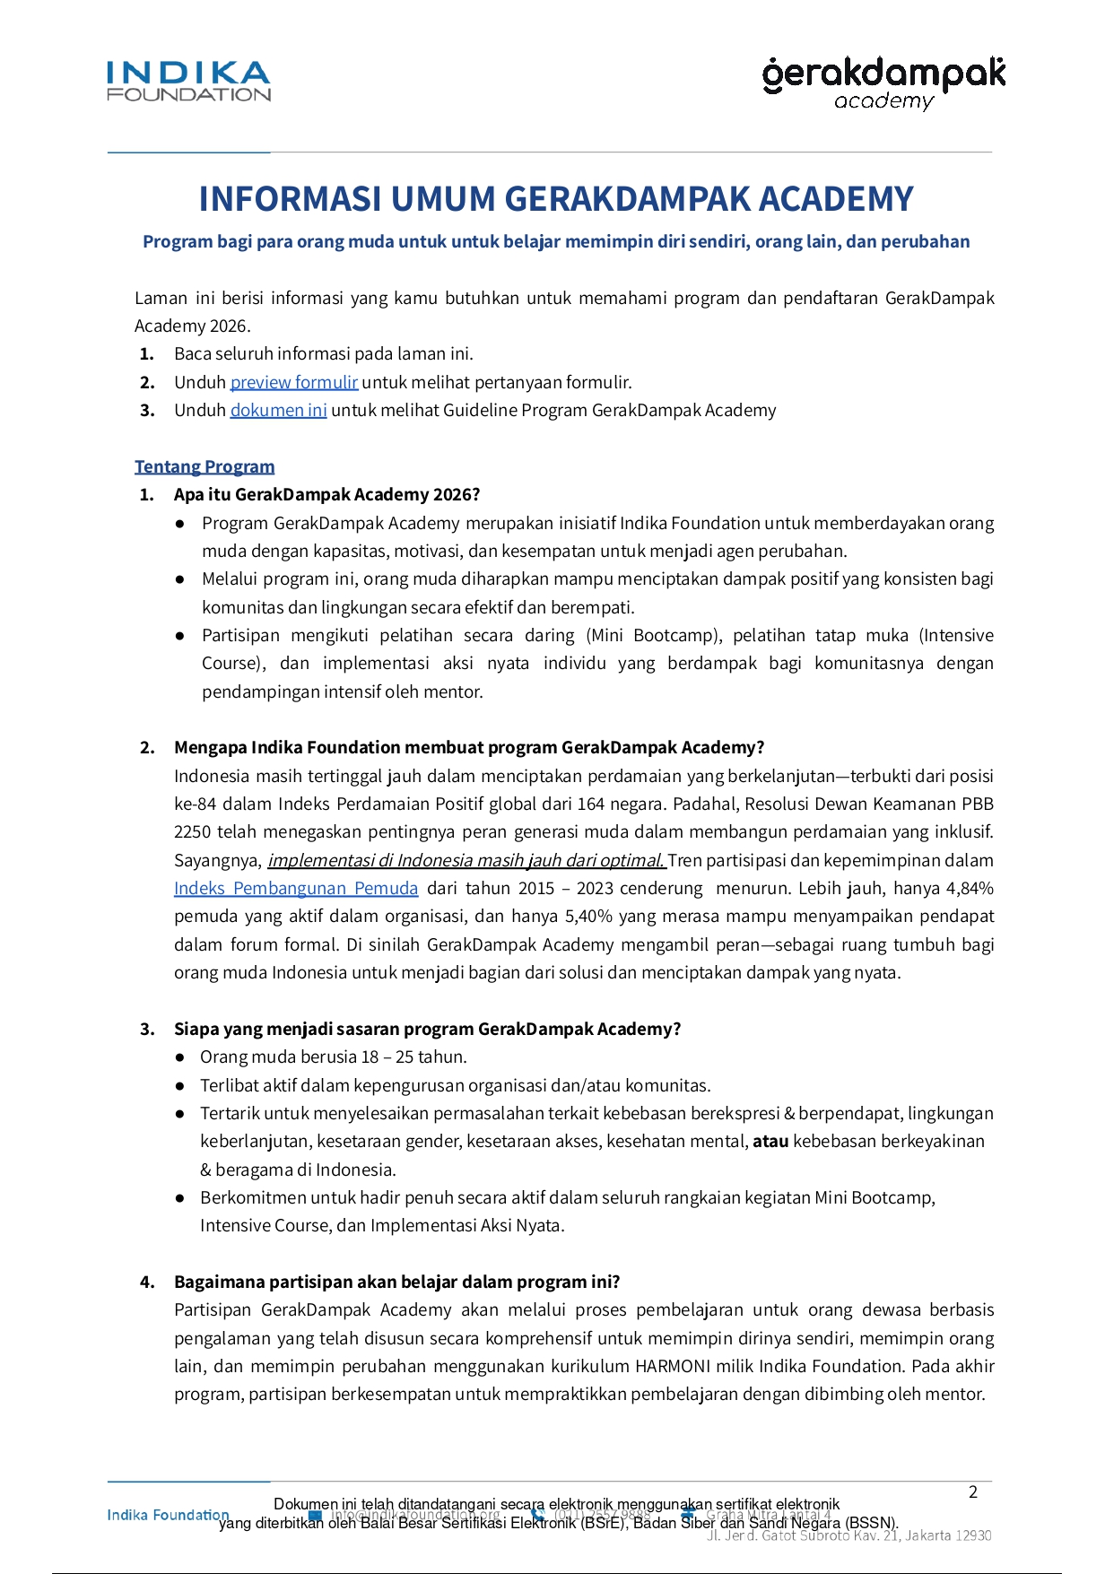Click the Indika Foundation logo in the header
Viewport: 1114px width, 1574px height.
pos(188,82)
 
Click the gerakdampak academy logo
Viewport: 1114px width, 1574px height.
pos(883,83)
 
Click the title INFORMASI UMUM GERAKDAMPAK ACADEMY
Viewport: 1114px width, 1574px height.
pos(556,199)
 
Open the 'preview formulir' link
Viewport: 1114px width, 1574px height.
pos(294,382)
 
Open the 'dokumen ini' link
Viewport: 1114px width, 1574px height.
pos(278,410)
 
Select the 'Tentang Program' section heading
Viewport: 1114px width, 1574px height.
pos(205,466)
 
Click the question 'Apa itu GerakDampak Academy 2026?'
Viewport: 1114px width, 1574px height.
pos(326,494)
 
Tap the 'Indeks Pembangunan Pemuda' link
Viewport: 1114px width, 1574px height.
pos(296,888)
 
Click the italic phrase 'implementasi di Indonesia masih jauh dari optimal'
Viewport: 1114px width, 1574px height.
pos(466,860)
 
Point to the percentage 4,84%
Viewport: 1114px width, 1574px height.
pos(970,888)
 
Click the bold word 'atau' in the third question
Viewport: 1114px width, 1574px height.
pos(770,1141)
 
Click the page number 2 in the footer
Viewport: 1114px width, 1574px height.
pos(973,1492)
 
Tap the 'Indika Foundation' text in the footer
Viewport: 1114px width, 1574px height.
pos(168,1515)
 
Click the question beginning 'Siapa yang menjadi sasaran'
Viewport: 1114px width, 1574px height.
pos(427,1029)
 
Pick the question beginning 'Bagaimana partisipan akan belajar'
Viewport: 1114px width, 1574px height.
pos(396,1282)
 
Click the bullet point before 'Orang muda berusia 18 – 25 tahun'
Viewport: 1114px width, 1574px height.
pos(180,1057)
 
